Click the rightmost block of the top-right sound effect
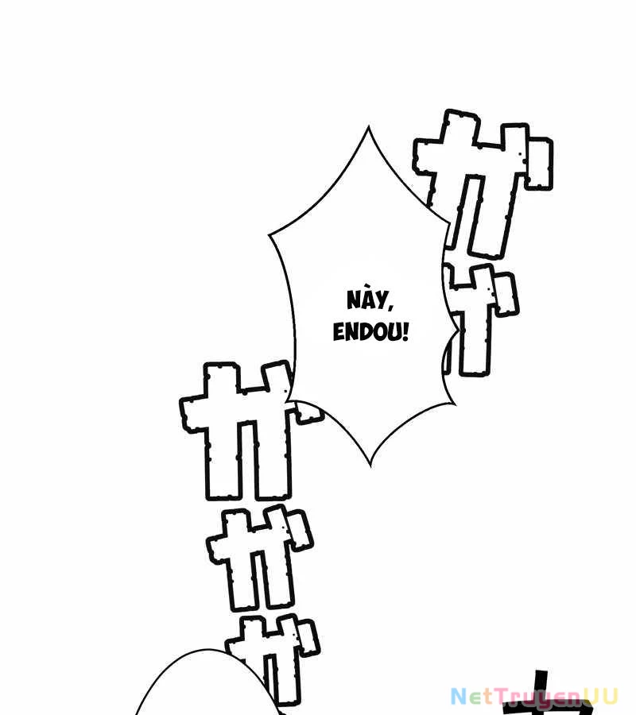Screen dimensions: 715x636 click(x=538, y=163)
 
